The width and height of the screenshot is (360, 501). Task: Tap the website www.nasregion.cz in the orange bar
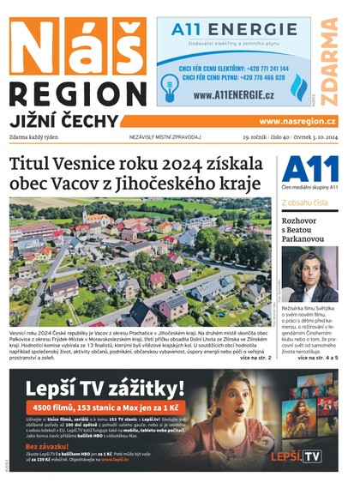pos(297,122)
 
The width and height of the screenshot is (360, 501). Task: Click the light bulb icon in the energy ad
pos(168,83)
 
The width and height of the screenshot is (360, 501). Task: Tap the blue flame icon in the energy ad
pos(297,87)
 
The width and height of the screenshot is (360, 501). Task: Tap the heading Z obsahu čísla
pos(303,202)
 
